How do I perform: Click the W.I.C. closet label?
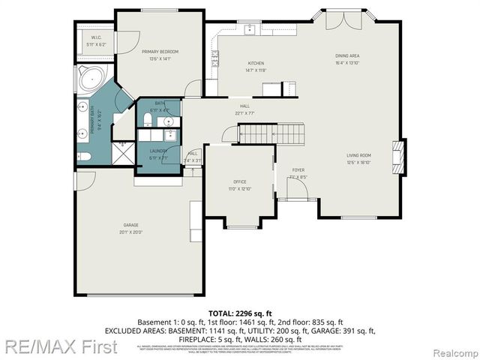[96, 40]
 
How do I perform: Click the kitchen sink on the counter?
[249, 31]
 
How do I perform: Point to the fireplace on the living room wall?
[401, 157]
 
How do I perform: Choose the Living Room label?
[358, 158]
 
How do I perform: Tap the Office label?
[239, 184]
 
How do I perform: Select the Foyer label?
[298, 174]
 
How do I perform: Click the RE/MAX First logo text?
[59, 347]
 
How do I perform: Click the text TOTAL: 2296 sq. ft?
[240, 313]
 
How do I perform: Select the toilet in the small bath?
[148, 119]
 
